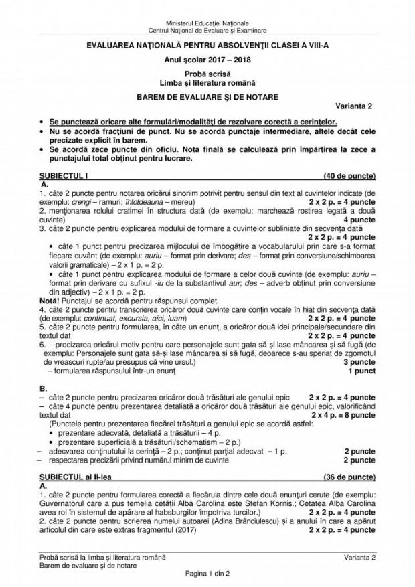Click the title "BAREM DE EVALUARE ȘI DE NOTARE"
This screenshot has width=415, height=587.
tap(207, 96)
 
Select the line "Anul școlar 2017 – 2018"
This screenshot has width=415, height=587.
tap(207, 58)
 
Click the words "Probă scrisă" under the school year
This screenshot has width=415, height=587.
tap(207, 72)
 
